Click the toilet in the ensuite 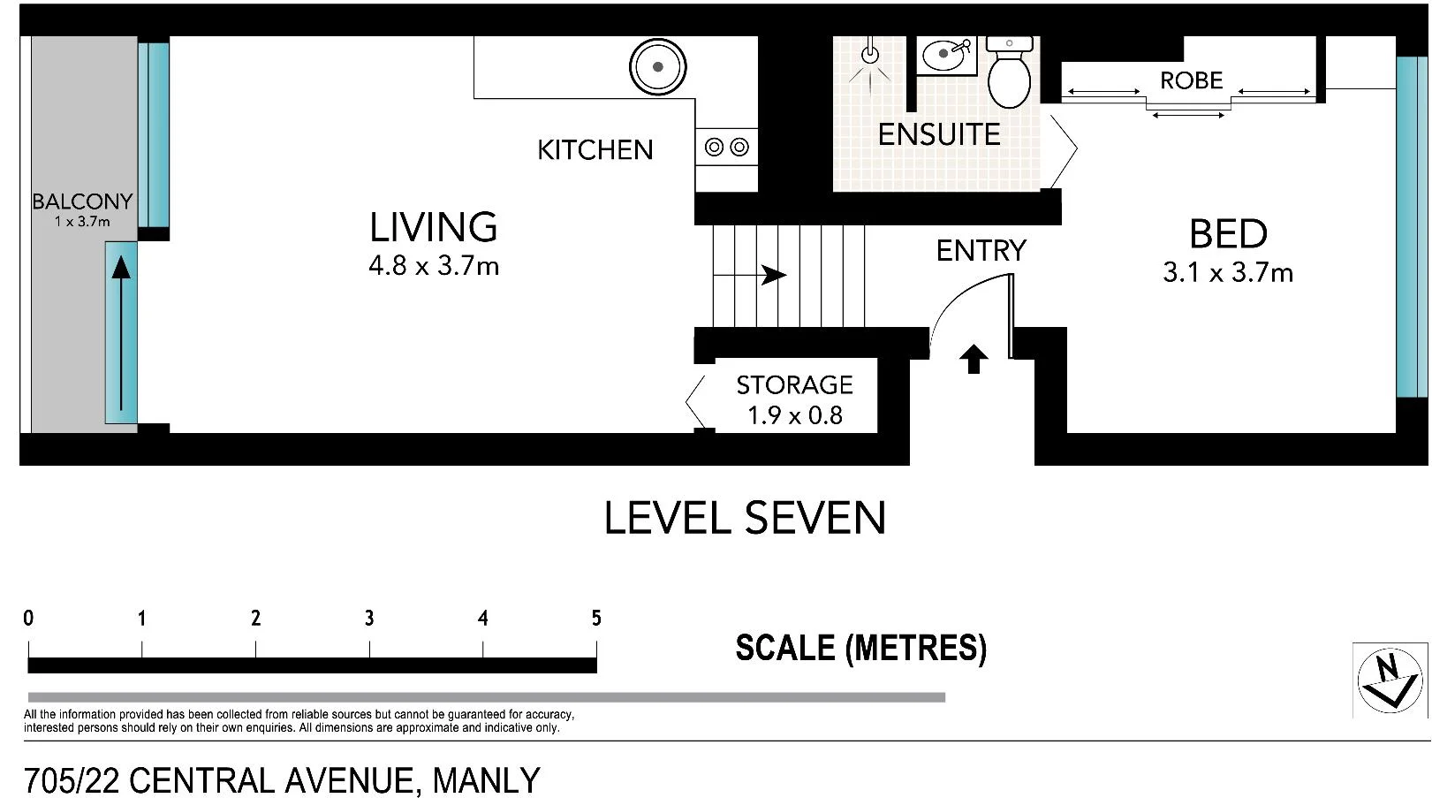(1009, 72)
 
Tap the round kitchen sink (657, 66)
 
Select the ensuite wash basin (946, 55)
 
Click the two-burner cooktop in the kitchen (726, 147)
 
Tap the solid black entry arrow (974, 359)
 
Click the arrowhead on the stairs (774, 276)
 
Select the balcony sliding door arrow (121, 332)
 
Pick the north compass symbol (1390, 680)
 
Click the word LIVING (434, 228)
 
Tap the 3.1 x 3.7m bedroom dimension (1227, 273)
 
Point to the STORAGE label (795, 385)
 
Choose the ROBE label (1192, 80)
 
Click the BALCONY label (82, 202)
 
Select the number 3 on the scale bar (369, 618)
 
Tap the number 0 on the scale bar (28, 618)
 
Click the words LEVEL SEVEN (745, 518)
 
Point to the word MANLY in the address (486, 780)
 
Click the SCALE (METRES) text (861, 649)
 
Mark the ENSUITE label (939, 134)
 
